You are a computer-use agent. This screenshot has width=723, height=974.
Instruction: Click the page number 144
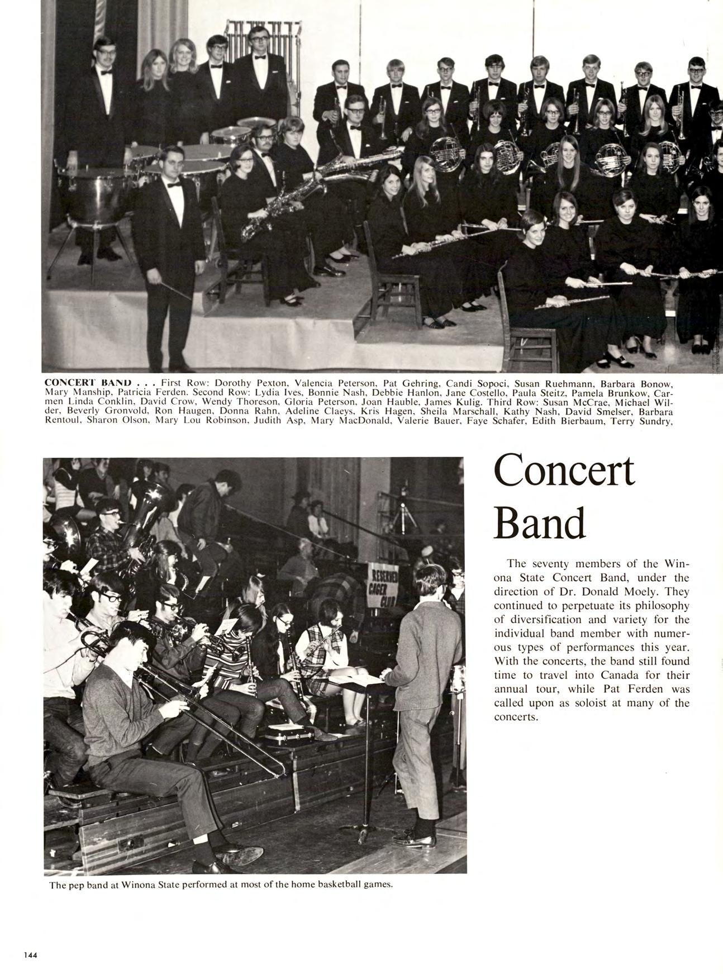click(x=30, y=955)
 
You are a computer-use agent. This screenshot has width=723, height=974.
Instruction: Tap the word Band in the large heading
click(x=540, y=523)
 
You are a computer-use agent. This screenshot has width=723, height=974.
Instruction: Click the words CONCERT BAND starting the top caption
click(x=88, y=384)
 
